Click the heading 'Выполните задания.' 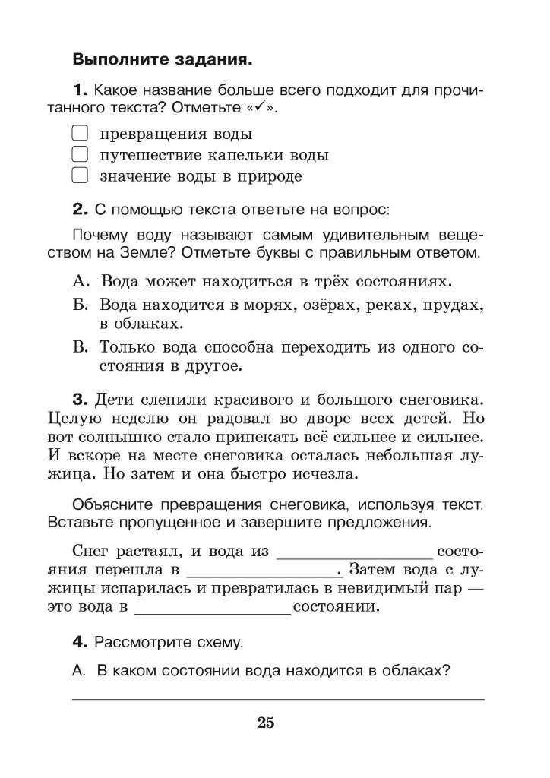(x=161, y=58)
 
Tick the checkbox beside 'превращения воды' (x=80, y=134)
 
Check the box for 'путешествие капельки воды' (x=80, y=155)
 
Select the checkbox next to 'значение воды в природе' (x=80, y=176)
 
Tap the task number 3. (x=78, y=399)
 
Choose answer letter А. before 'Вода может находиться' (x=81, y=281)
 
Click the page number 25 (x=265, y=723)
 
